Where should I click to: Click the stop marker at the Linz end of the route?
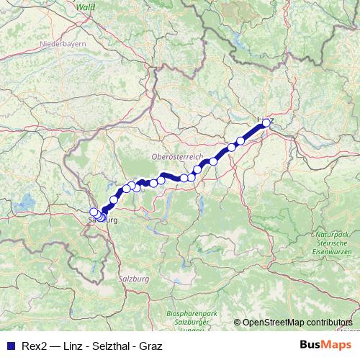point(266,123)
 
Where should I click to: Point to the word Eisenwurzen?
point(333,253)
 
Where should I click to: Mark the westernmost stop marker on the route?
point(93,212)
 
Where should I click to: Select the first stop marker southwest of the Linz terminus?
point(240,141)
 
